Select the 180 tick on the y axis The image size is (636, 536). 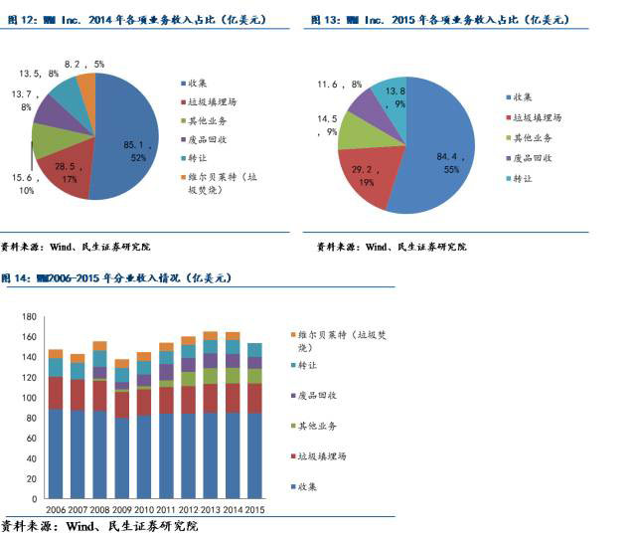click(x=28, y=316)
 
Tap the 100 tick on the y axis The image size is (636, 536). click(x=28, y=398)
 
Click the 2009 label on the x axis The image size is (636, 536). click(x=122, y=510)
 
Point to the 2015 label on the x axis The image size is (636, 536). click(x=253, y=510)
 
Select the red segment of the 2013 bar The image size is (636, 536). click(x=210, y=398)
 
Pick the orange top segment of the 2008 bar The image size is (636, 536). click(x=99, y=346)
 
